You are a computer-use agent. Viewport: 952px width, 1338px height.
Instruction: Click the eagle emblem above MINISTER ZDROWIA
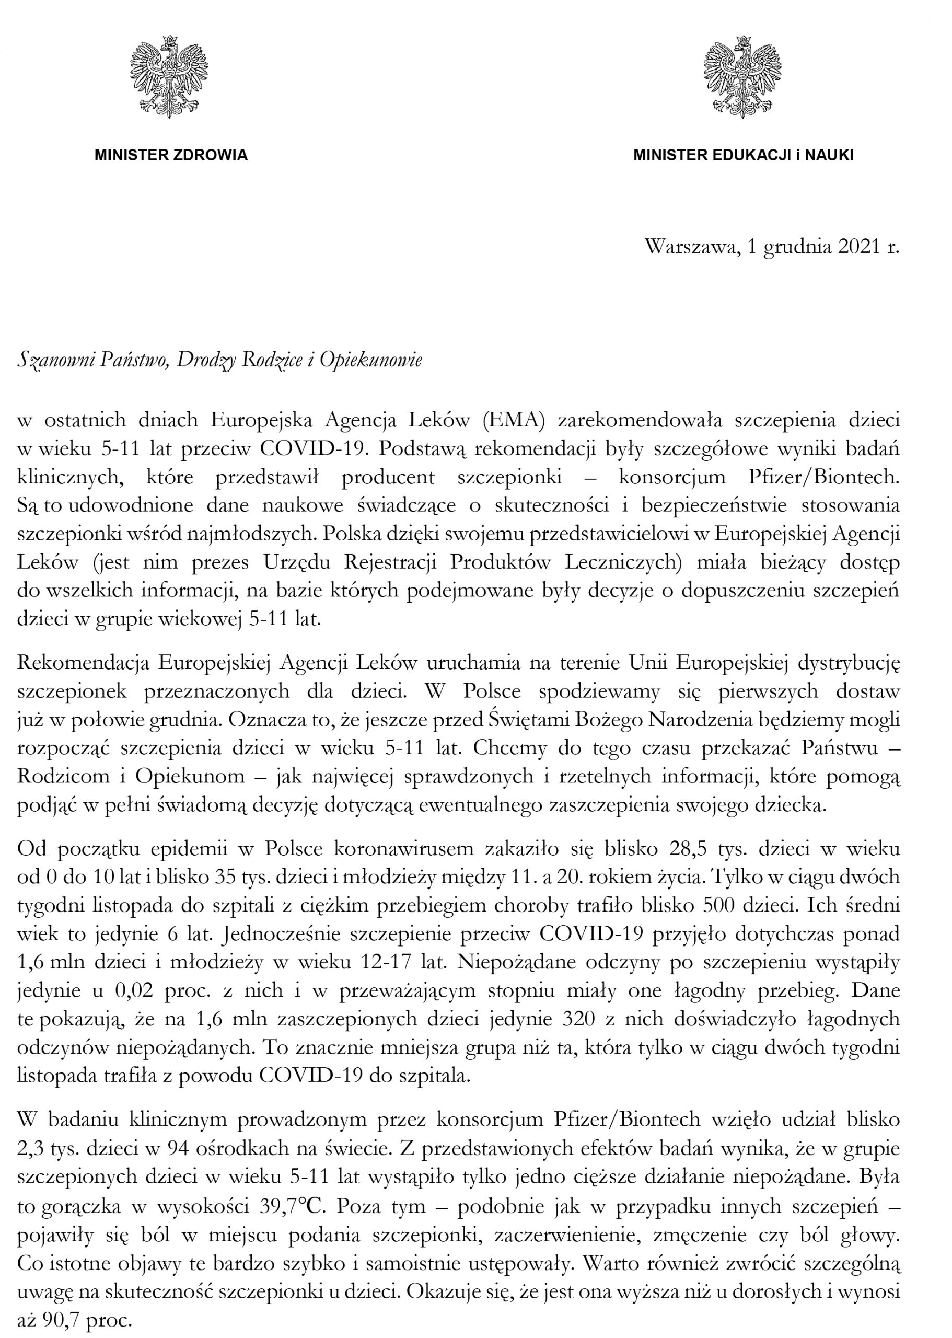[169, 76]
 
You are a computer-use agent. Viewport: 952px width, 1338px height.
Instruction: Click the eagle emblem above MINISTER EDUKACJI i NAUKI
[742, 76]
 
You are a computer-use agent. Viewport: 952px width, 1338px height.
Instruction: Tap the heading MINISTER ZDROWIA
[171, 155]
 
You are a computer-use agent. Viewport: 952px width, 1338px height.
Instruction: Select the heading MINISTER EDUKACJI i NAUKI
[742, 155]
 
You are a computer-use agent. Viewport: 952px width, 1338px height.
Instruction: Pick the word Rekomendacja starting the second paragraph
[83, 663]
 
